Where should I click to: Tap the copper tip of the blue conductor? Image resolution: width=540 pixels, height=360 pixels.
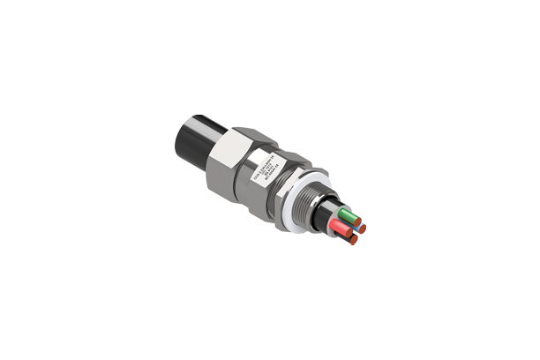click(362, 229)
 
